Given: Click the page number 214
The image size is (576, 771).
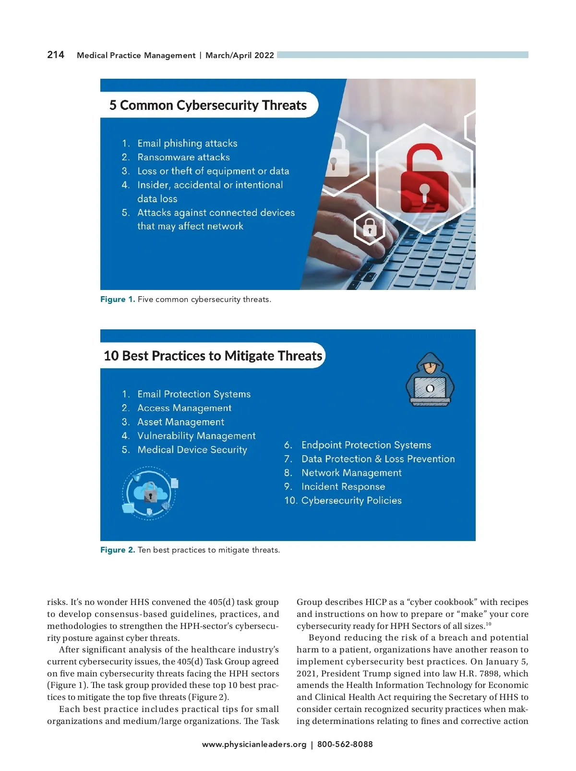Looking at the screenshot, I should coord(56,55).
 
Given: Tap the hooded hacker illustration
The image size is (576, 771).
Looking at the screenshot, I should coord(430,380).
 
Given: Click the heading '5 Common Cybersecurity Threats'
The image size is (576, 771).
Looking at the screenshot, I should coord(208,105).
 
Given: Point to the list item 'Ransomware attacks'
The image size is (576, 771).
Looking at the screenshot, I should coord(183,157).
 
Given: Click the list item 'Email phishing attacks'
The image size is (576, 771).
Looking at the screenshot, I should coord(187,143).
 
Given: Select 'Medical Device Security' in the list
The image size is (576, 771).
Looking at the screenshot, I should coord(192,450).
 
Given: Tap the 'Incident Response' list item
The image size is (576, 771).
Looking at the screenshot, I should coord(343,487).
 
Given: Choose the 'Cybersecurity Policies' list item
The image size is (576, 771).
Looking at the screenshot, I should coord(351,501).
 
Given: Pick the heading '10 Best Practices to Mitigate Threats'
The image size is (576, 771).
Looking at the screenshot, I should coord(213,356).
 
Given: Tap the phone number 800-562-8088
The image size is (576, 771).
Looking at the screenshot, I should coord(345,745).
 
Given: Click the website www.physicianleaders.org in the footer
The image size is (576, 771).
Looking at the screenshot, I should coord(254,745).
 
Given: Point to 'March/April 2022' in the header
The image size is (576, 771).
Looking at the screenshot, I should coord(240,55).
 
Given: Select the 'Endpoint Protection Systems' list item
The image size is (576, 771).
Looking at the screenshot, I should coord(366,445).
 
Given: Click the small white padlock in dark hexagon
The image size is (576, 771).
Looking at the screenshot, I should coord(369,228).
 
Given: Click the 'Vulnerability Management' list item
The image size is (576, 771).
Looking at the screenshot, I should coord(196,436).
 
